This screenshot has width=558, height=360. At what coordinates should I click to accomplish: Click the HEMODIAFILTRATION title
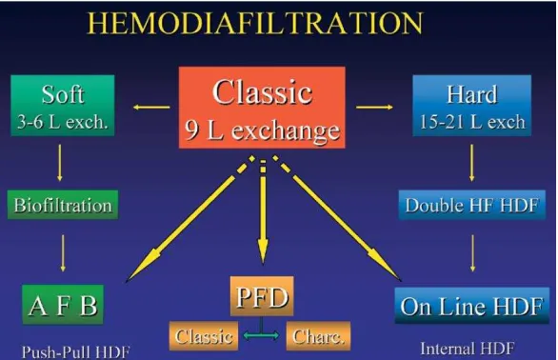pos(255,23)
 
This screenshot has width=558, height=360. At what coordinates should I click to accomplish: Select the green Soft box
pos(63,105)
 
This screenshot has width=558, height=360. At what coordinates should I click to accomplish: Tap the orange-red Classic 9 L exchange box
pos(262,108)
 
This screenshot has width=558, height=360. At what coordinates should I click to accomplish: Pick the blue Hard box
pos(472,105)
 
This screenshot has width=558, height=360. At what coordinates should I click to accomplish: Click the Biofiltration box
pos(63,205)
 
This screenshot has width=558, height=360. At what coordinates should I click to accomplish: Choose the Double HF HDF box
pos(472,205)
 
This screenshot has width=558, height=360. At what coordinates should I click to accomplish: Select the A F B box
pos(63,305)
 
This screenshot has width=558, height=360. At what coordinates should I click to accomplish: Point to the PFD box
pos(262,296)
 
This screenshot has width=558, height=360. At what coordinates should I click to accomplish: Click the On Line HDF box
pos(472,306)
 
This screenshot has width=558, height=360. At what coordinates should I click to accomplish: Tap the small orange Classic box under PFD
pos(204,336)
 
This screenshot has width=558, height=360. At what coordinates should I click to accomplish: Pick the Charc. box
pos(318,336)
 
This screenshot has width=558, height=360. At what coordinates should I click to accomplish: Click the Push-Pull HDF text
pos(75,352)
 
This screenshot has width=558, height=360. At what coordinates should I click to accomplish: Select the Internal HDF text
pos(468,349)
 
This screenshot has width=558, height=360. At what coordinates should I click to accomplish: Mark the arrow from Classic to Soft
pos(151,107)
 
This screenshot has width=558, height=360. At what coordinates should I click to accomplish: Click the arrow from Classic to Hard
pos(374,107)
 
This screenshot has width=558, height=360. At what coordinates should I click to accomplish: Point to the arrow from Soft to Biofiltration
pos(60,163)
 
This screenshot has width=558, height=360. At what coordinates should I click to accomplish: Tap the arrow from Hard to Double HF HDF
pos(472,163)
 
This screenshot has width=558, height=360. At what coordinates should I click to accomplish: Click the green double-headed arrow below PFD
pos(262,335)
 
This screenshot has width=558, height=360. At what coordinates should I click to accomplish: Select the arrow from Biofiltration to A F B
pos(63,253)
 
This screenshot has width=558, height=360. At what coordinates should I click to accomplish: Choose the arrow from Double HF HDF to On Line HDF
pos(472,253)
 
